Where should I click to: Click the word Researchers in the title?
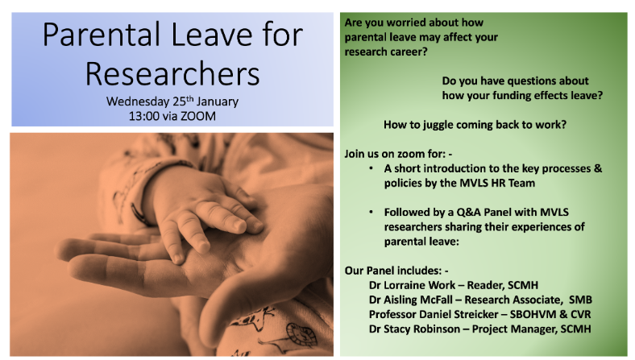(x=172, y=74)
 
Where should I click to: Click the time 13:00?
(x=143, y=116)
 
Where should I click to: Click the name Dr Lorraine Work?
(x=412, y=285)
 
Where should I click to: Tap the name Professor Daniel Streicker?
(x=434, y=314)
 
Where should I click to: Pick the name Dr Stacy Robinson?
(x=414, y=329)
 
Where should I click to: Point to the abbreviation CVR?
(x=581, y=314)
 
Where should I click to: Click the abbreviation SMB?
(x=580, y=300)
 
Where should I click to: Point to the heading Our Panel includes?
(x=396, y=271)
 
